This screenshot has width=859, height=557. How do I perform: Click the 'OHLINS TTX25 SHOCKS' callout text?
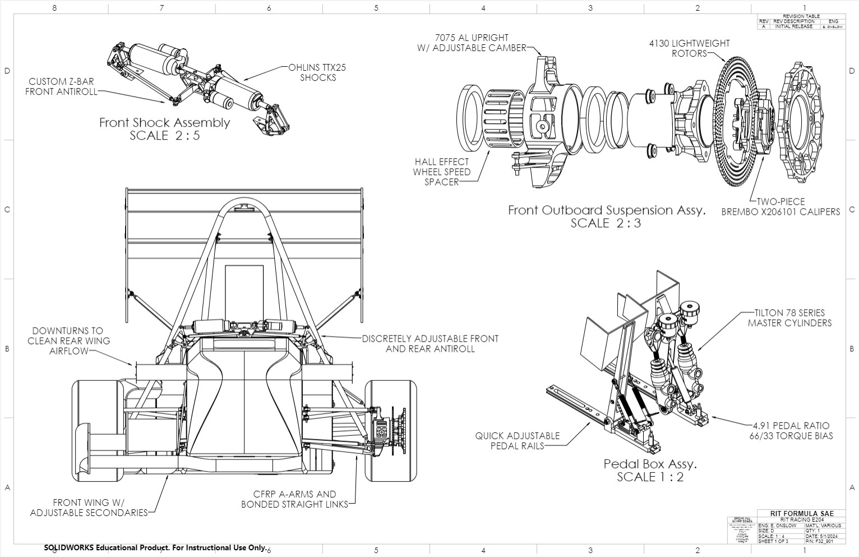(317, 72)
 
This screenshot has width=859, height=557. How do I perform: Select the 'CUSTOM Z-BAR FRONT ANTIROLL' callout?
(61, 86)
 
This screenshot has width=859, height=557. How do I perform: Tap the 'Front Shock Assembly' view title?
(164, 122)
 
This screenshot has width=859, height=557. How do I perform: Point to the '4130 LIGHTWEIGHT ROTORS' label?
(689, 48)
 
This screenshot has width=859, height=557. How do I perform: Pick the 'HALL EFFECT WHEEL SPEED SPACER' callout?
(441, 172)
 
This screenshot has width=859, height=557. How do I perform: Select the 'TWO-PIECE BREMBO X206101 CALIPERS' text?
(781, 206)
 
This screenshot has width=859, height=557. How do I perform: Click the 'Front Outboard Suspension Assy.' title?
(606, 210)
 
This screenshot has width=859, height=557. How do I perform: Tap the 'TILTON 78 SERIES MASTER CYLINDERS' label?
(789, 318)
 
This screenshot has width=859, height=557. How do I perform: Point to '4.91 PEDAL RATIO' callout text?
(791, 425)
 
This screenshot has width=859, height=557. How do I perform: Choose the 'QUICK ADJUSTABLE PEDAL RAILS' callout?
(517, 440)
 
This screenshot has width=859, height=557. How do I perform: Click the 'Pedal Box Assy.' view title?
(650, 464)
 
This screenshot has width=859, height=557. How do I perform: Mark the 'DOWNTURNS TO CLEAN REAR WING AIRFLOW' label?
(68, 340)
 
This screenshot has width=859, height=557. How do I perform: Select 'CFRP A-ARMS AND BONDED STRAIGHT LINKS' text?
(294, 499)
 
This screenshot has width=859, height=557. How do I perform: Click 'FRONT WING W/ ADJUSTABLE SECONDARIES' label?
(89, 507)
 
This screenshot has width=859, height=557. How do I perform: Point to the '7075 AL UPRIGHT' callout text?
(472, 38)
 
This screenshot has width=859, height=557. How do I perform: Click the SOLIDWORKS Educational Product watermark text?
(155, 547)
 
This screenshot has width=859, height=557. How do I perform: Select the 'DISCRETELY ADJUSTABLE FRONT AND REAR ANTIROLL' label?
(430, 343)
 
